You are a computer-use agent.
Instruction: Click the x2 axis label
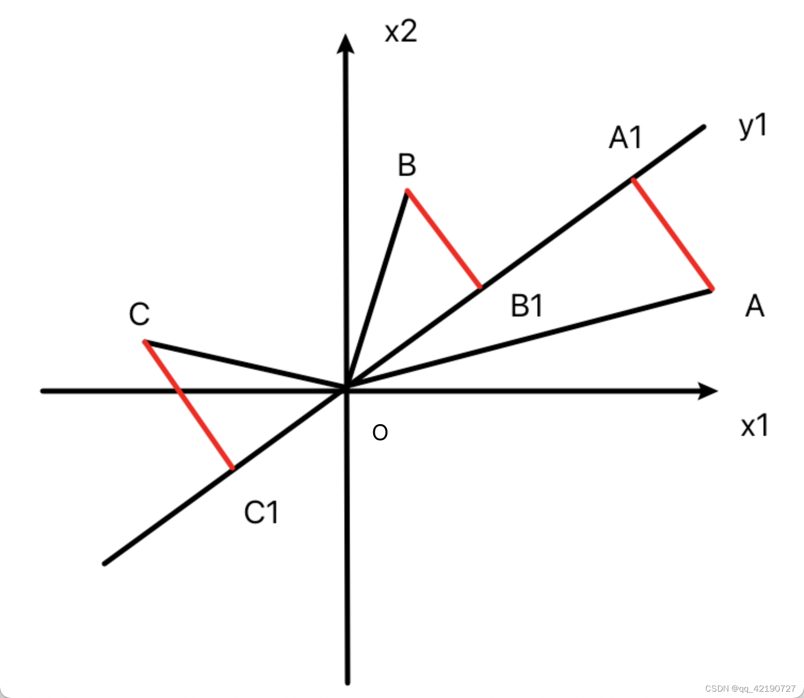tap(401, 32)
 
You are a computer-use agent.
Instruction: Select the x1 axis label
tap(754, 426)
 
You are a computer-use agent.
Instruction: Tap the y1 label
tap(753, 127)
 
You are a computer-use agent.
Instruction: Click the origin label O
tap(380, 433)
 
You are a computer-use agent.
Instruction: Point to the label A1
tap(625, 137)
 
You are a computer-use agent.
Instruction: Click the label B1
tap(527, 306)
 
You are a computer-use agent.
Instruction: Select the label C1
tap(261, 513)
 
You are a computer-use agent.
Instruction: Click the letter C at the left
tap(139, 314)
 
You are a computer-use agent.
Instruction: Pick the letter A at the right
tap(754, 307)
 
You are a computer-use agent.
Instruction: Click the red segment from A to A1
tap(672, 234)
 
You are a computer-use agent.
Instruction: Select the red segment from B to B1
tap(444, 238)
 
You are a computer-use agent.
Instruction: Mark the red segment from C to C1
tap(188, 405)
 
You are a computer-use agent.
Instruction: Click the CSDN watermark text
tap(750, 688)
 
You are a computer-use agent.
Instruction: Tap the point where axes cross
tap(347, 390)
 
